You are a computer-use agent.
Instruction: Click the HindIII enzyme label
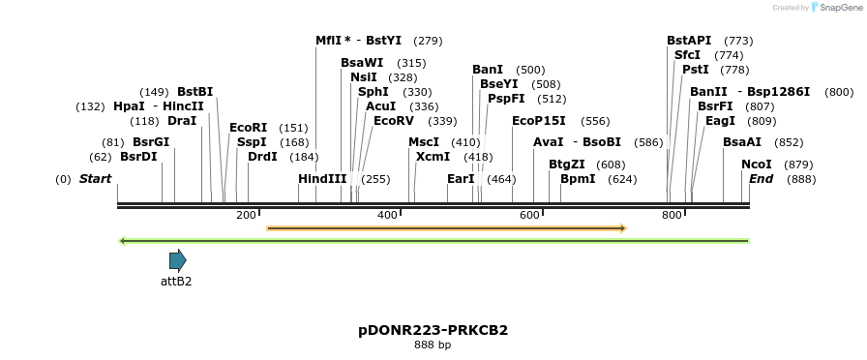pyautogui.click(x=322, y=179)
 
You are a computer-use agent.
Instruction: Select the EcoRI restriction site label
pyautogui.click(x=248, y=128)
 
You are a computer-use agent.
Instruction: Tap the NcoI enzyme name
pyautogui.click(x=756, y=165)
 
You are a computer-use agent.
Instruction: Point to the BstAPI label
pyautogui.click(x=688, y=41)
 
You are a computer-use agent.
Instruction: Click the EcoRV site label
pyautogui.click(x=394, y=121)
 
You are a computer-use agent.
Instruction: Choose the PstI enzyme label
pyautogui.click(x=695, y=70)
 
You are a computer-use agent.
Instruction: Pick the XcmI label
pyautogui.click(x=433, y=157)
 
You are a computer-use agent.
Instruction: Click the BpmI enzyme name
pyautogui.click(x=578, y=179)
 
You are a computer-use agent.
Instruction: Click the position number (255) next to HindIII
pyautogui.click(x=375, y=179)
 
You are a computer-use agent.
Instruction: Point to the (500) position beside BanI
pyautogui.click(x=530, y=70)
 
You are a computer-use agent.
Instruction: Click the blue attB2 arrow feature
pyautogui.click(x=177, y=259)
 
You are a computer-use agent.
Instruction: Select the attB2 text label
pyautogui.click(x=176, y=282)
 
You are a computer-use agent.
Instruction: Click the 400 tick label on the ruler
pyautogui.click(x=387, y=215)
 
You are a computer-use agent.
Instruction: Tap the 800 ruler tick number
pyautogui.click(x=672, y=215)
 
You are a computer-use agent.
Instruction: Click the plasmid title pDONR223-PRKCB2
pyautogui.click(x=433, y=330)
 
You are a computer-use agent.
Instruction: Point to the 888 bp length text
pyautogui.click(x=433, y=345)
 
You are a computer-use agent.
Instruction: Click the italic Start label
pyautogui.click(x=95, y=179)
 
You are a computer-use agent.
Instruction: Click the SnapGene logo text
pyautogui.click(x=838, y=8)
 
